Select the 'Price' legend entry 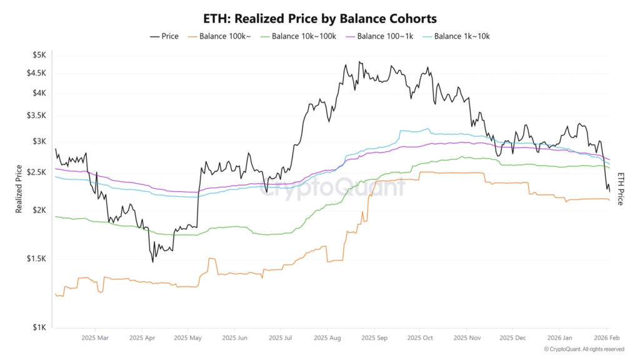pos(164,36)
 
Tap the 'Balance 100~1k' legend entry pos(381,36)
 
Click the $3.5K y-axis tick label pos(36,116)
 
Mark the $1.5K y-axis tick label pos(36,259)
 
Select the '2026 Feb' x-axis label pos(607,337)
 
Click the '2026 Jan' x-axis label pos(558,337)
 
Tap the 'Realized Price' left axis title pos(19,189)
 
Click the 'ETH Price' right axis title pos(620,189)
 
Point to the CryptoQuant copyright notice pos(584,349)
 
